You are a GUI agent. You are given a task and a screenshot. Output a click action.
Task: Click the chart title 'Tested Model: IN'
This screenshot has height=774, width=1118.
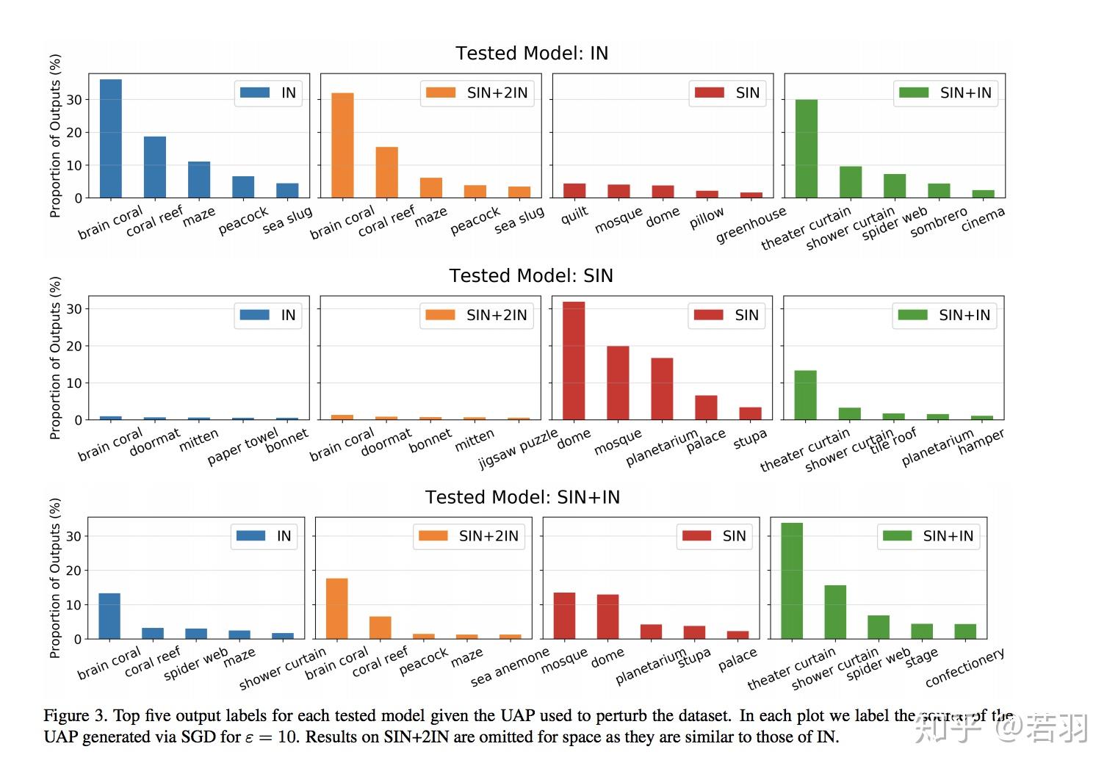pos(532,54)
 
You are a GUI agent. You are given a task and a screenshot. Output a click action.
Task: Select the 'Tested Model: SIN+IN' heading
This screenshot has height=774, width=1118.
pos(522,497)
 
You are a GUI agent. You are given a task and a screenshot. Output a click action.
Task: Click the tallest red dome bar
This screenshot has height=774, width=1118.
pos(574,361)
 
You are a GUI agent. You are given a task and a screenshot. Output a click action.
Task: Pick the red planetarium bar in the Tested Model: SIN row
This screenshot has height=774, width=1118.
pos(662,388)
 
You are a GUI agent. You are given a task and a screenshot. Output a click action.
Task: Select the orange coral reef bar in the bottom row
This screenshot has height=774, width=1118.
pos(380,627)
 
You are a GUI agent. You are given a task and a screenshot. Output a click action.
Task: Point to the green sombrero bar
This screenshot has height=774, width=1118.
pos(939,190)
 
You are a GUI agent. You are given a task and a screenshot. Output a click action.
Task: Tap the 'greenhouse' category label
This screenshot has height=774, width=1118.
pos(750,225)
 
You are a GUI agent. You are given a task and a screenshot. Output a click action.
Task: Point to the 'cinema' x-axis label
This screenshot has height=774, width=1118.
pos(982,220)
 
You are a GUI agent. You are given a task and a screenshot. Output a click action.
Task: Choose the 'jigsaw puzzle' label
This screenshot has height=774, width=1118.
pos(518,449)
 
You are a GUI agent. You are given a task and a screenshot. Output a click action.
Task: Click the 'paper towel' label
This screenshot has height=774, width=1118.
pos(242,446)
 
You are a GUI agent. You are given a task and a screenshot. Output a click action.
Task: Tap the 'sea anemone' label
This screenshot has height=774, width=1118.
pos(510,668)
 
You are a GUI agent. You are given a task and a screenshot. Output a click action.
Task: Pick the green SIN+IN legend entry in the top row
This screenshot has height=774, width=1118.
pos(945,93)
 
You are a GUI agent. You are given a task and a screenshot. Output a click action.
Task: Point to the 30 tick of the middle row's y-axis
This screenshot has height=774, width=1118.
pos(73,309)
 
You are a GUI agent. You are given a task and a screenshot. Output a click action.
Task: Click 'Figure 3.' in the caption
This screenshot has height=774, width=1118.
pos(76,716)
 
